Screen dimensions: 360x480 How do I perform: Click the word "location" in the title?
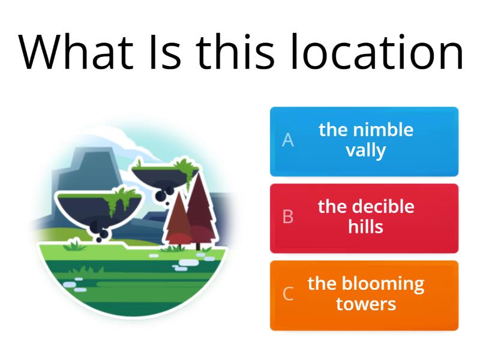[x=377, y=52]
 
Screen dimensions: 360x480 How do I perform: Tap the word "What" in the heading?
[x=76, y=52]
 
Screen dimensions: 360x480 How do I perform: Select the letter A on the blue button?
[x=288, y=140]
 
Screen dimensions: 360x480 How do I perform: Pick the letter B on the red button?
[x=288, y=217]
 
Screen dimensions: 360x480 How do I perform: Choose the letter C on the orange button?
[x=288, y=294]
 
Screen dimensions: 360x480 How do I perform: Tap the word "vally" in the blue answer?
[x=365, y=150]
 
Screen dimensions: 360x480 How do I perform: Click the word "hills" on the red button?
[x=365, y=227]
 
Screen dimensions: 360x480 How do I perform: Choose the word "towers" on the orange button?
[x=366, y=304]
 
